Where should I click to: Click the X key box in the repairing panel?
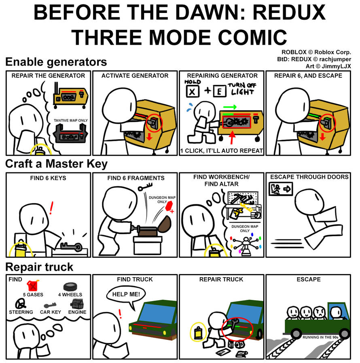pos(192,91)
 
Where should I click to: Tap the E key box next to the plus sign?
pos(220,91)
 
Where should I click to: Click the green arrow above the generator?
pos(230,107)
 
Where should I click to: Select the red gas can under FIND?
pos(33,285)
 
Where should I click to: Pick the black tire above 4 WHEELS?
pos(70,287)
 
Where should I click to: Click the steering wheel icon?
pos(21,303)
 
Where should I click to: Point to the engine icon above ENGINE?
pos(77,303)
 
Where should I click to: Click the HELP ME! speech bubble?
pos(126,295)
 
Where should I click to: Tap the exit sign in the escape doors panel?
pos(281,189)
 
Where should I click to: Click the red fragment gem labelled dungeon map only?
pos(169,206)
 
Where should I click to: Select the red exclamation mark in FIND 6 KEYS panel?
pos(51,208)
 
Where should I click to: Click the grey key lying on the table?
pos(71,246)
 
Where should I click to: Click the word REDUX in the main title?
pos(289,12)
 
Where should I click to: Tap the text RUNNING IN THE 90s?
pos(320,338)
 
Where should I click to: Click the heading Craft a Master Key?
pos(56,163)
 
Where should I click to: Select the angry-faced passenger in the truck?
pos(320,312)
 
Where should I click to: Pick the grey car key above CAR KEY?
pos(50,305)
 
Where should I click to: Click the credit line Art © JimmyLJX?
pos(328,66)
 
